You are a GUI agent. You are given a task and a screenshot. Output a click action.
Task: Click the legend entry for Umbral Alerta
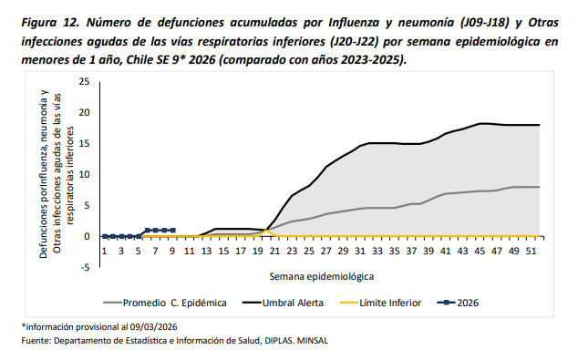tap(283, 303)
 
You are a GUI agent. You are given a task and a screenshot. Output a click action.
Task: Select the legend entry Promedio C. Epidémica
tap(164, 303)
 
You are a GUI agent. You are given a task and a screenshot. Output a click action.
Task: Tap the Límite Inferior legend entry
tap(380, 303)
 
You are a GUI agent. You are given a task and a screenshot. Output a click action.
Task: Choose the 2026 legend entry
tap(458, 303)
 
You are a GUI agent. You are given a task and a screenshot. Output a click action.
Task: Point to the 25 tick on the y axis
tap(84, 81)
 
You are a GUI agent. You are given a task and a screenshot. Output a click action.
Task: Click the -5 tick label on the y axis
tap(85, 267)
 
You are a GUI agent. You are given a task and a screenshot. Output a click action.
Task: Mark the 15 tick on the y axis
tap(84, 143)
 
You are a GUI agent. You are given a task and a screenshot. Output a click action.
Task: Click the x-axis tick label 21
tap(274, 251)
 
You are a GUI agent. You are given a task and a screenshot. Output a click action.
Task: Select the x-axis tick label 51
tap(531, 251)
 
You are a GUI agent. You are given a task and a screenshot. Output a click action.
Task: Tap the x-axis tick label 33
tap(377, 251)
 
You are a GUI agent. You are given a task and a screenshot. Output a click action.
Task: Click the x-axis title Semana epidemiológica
tap(322, 277)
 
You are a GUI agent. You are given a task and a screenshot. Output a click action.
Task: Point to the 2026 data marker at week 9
tap(173, 231)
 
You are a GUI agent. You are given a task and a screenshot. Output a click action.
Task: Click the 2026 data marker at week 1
tap(104, 236)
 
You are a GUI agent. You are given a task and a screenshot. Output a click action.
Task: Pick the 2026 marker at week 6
tap(147, 231)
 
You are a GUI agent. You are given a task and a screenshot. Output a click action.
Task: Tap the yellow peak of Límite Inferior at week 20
tap(266, 231)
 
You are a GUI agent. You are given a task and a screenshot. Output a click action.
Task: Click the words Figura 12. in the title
tap(50, 23)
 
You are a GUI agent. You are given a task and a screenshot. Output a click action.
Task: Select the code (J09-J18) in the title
tap(484, 23)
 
